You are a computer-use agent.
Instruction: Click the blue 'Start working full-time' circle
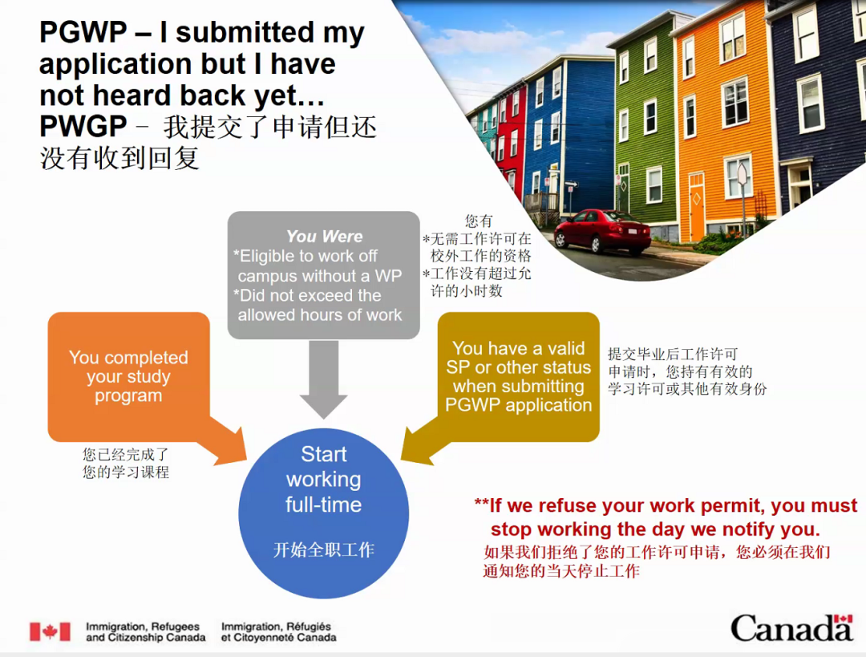click(324, 513)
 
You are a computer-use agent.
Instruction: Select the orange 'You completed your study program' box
click(128, 377)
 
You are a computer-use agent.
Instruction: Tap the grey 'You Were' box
click(324, 275)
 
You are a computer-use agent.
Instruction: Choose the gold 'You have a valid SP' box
click(518, 377)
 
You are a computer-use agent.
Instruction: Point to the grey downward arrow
click(324, 379)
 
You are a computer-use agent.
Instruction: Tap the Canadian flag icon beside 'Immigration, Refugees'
click(51, 631)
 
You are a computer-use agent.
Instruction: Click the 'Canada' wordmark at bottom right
click(792, 627)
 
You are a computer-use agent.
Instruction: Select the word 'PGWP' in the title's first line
click(83, 31)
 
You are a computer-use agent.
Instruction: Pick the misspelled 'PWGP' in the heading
click(83, 127)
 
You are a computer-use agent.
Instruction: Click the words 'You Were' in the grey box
click(324, 237)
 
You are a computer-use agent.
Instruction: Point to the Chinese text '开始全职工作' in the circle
click(324, 550)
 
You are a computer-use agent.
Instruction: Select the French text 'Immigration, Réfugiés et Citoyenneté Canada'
click(279, 631)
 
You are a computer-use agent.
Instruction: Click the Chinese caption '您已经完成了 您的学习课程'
click(126, 463)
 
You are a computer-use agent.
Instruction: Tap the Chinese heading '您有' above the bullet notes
click(478, 221)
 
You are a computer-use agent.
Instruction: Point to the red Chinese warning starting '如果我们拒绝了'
click(657, 561)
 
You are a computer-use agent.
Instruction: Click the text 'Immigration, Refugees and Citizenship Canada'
click(146, 631)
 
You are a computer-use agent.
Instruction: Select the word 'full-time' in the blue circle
click(324, 505)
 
